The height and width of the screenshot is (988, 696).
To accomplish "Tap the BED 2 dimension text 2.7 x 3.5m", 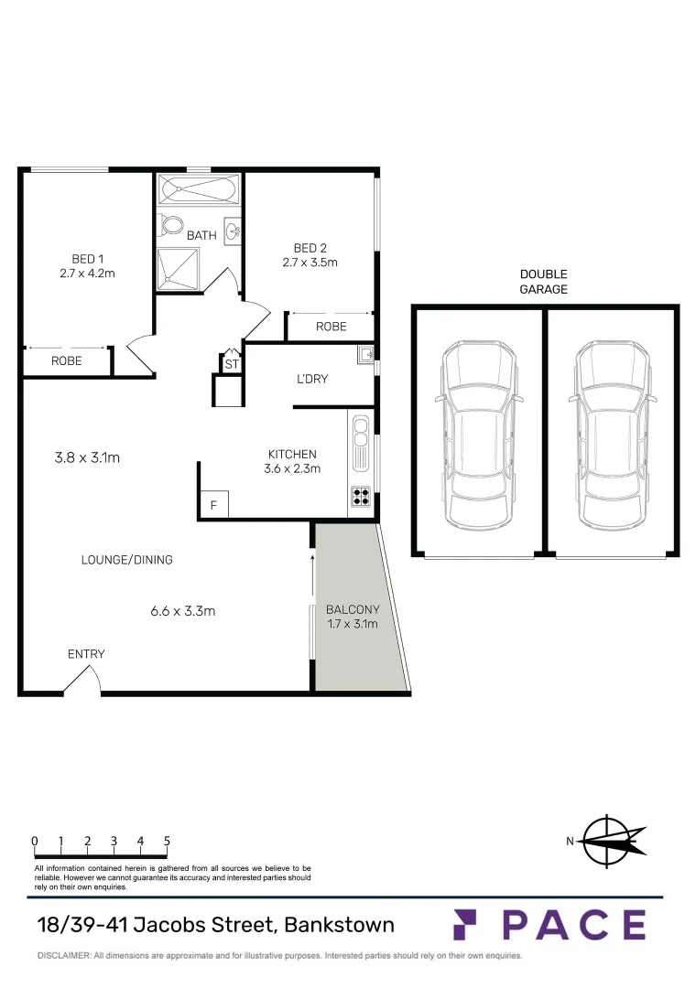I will [x=310, y=263].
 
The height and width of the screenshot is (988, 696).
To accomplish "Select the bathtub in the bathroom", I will [x=199, y=190].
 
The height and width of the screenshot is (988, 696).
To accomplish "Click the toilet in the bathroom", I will [x=170, y=225].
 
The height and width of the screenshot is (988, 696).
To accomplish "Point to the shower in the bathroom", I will [x=179, y=266].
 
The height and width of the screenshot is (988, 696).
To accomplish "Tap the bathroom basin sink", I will [x=233, y=229].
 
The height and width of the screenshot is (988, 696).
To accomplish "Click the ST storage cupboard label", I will [x=230, y=365].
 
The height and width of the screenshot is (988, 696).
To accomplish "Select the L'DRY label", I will [x=311, y=379].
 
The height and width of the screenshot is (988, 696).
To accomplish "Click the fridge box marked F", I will [x=213, y=504].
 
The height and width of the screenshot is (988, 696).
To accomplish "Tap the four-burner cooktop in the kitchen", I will [x=360, y=498].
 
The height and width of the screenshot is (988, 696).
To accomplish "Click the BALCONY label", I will [x=353, y=609].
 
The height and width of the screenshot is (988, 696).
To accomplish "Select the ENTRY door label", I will [x=86, y=654].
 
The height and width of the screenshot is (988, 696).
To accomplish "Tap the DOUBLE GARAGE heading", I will [x=544, y=282].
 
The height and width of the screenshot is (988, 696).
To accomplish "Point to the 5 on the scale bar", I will [x=167, y=840].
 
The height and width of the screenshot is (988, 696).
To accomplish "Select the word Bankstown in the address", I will [x=339, y=924].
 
